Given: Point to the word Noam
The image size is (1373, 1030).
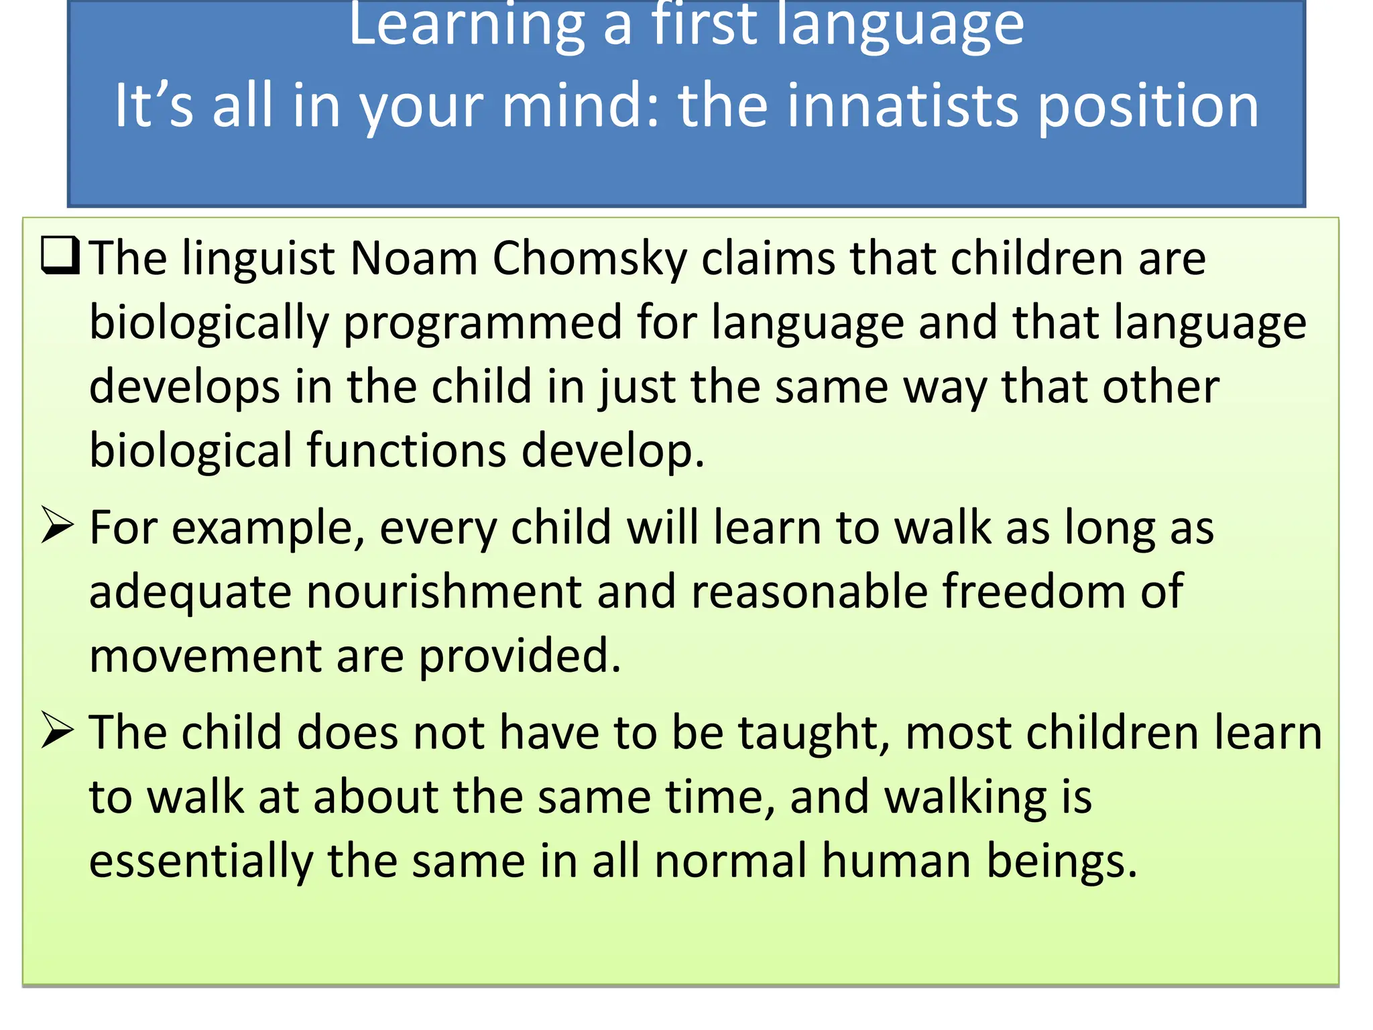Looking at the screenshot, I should click(x=413, y=258).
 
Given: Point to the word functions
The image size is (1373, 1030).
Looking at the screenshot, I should click(x=406, y=450).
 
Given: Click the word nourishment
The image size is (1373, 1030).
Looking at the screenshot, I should click(x=444, y=591).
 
